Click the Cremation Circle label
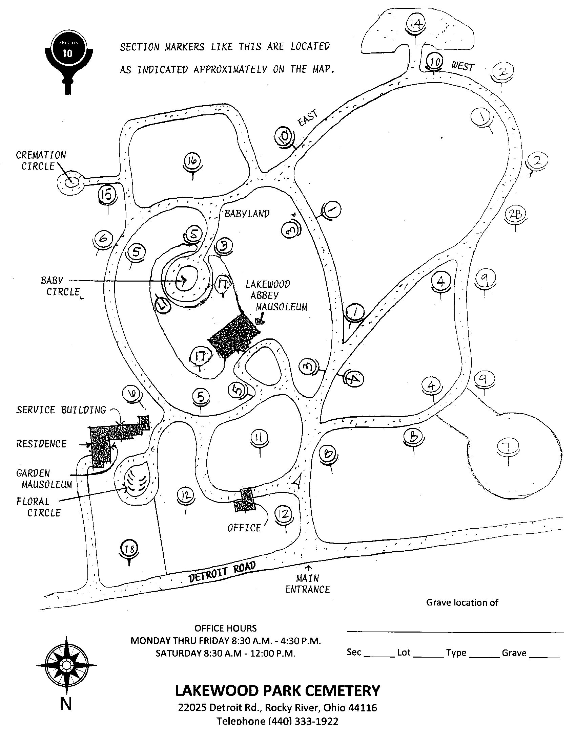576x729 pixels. click(x=41, y=161)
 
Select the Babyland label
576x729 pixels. click(x=247, y=214)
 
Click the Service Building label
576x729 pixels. click(x=61, y=410)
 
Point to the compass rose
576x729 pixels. click(x=67, y=665)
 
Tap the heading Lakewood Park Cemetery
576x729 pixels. click(x=277, y=691)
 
